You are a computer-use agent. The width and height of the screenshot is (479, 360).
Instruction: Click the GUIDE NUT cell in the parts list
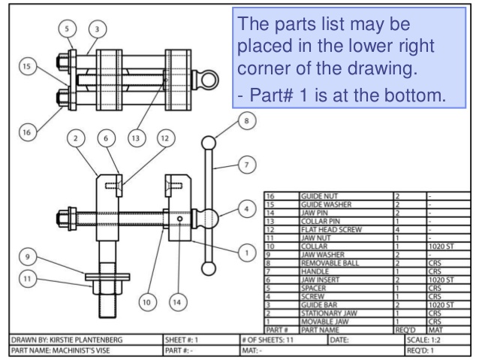point(316,195)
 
